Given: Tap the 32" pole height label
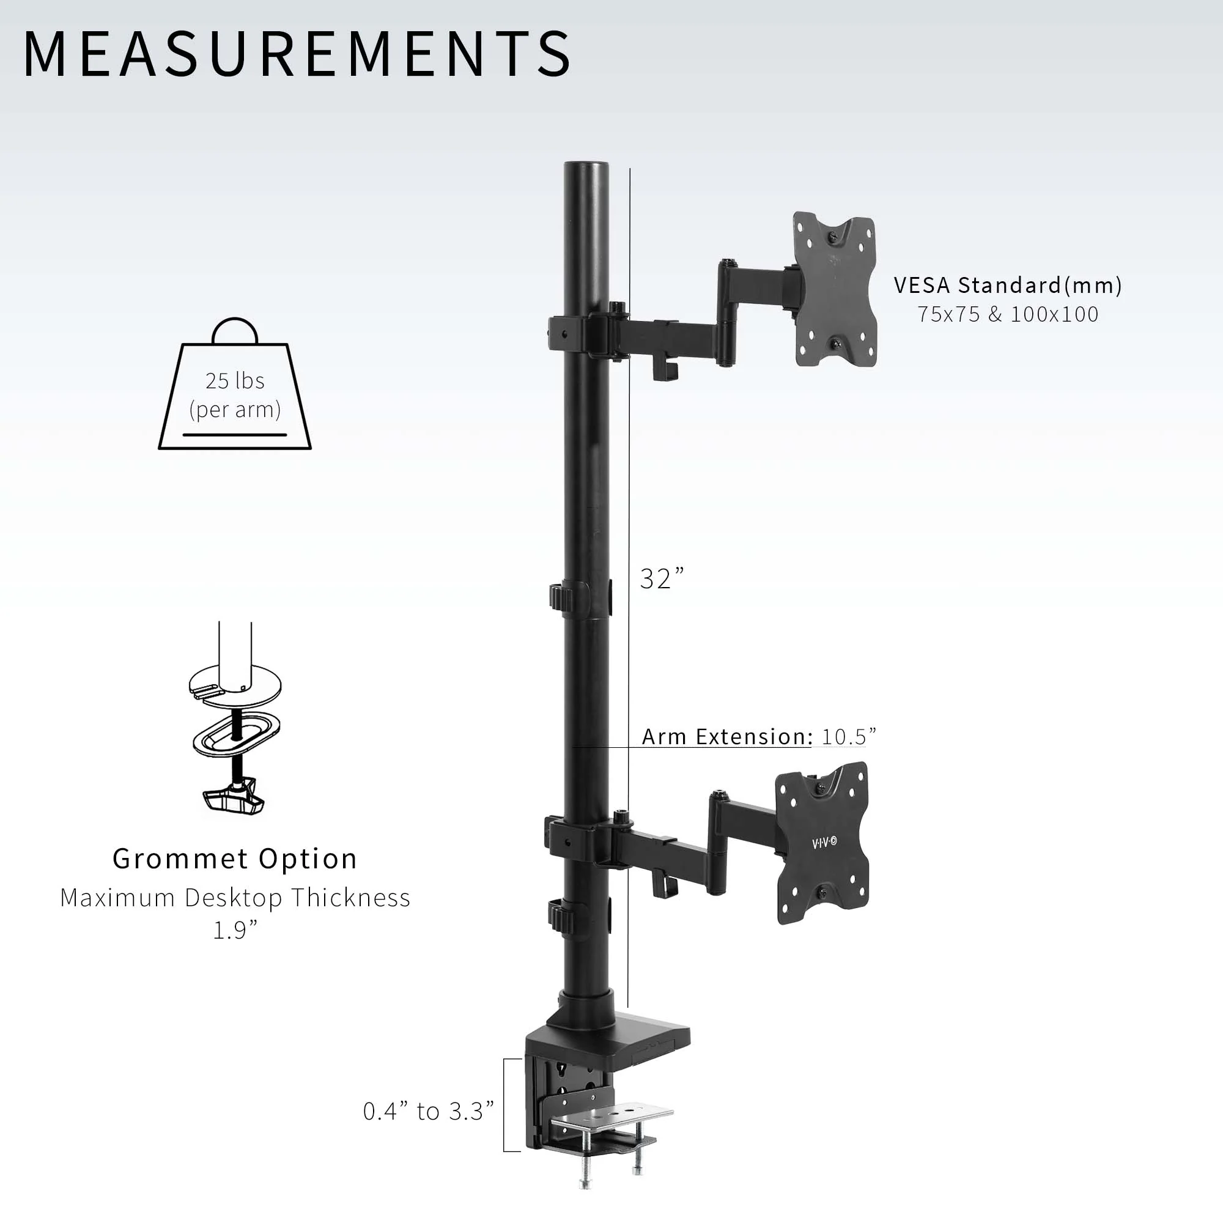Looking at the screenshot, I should tap(662, 578).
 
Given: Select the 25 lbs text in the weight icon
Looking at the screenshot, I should tap(235, 380).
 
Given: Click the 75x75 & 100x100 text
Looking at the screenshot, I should tap(1008, 314).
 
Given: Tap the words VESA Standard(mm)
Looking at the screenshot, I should tap(1008, 286).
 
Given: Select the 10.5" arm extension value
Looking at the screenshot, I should tap(848, 736).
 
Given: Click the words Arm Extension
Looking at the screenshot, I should tap(726, 736).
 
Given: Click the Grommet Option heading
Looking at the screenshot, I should tap(235, 859).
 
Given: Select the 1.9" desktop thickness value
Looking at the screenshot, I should tap(235, 930).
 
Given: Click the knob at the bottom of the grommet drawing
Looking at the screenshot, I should tap(234, 799).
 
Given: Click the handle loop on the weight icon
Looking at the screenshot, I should tap(235, 330).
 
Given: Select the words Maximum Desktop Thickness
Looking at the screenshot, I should tap(235, 898).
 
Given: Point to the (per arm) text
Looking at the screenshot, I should tap(235, 410).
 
